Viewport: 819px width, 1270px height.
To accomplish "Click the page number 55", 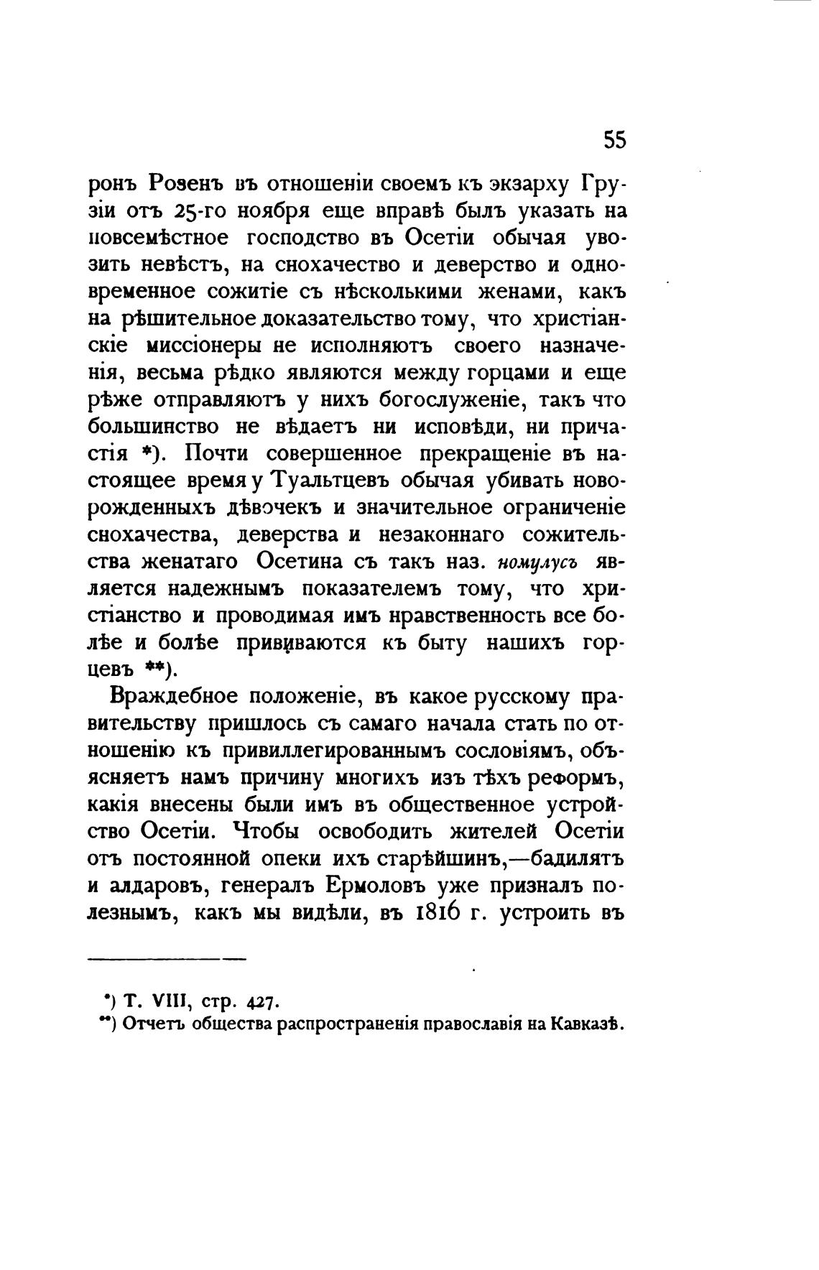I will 614,139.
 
